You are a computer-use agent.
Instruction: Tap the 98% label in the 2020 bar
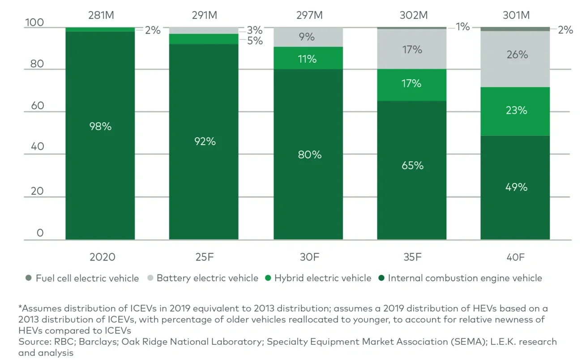point(100,127)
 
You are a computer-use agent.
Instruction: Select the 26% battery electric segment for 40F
point(516,55)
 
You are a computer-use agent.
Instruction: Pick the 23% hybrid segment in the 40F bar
point(516,110)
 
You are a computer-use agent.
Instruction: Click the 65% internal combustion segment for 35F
point(412,166)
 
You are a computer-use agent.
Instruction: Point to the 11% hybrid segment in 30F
point(308,59)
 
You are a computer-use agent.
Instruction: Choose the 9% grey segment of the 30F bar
point(308,37)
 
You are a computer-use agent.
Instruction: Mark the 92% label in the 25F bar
point(205,141)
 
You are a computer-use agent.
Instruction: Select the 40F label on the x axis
point(516,257)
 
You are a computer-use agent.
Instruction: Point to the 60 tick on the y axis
point(37,106)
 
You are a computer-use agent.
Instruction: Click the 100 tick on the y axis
point(34,22)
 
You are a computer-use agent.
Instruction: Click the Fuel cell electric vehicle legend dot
point(29,278)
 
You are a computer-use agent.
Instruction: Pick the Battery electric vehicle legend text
point(207,278)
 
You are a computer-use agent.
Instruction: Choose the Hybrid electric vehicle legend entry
point(323,278)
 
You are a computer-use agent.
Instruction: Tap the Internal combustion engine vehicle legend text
point(465,278)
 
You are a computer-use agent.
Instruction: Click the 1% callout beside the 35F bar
point(463,27)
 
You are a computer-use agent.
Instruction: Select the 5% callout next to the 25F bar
point(255,41)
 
